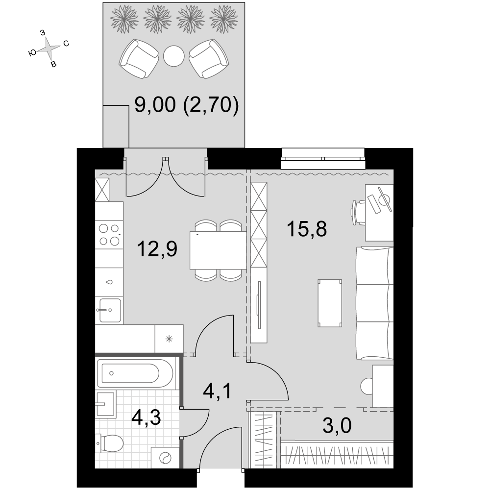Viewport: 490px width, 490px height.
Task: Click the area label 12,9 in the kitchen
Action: pos(157,249)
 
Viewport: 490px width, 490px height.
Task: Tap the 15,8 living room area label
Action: pos(307,229)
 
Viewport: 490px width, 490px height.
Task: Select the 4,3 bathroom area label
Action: pos(146,417)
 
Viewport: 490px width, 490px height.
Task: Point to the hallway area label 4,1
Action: pos(217,391)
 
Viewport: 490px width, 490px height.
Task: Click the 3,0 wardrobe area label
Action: pos(337,425)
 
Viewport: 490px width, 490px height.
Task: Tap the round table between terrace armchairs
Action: pos(174,56)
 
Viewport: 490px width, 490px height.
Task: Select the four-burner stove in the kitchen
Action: pos(109,235)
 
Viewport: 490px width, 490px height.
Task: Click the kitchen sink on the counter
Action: pos(110,310)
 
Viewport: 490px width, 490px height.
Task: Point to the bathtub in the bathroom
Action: pos(135,373)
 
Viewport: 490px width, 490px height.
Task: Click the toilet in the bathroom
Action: pos(109,443)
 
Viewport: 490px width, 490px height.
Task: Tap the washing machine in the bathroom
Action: pos(165,458)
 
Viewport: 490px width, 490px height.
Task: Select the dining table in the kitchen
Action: pos(218,250)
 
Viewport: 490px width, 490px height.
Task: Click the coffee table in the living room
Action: pos(330,303)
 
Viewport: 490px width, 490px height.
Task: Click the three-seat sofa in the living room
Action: pos(375,303)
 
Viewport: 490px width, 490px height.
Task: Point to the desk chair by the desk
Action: pos(358,213)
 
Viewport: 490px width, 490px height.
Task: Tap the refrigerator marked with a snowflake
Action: pos(169,339)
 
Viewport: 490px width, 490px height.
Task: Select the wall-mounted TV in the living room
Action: pos(259,305)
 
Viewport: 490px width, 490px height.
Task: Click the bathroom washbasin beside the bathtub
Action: pos(106,404)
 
